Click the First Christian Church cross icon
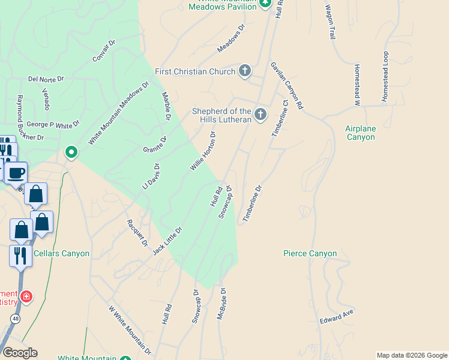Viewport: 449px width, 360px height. click(x=245, y=71)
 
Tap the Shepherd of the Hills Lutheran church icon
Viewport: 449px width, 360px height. click(x=260, y=114)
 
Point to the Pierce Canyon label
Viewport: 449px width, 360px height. click(x=310, y=254)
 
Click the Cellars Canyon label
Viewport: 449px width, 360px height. click(x=61, y=253)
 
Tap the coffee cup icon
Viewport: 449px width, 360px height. click(x=16, y=173)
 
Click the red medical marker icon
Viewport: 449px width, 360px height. click(x=26, y=296)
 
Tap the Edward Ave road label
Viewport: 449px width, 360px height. click(x=337, y=317)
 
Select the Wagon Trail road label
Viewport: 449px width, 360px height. click(x=330, y=22)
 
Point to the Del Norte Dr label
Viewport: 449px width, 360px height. click(x=46, y=79)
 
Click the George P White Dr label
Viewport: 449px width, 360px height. click(x=53, y=125)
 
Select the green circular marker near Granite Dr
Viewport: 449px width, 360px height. click(x=71, y=152)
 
